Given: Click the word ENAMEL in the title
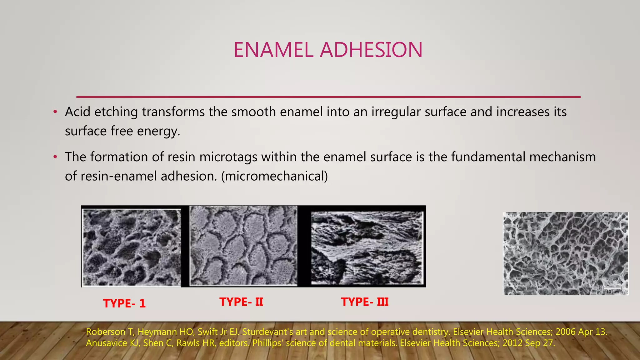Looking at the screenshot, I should pos(273,50).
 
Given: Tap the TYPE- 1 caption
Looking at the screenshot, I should pos(124,303).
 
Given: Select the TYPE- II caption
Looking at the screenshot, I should pos(241,302).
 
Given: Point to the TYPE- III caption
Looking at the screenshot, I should pos(365,302).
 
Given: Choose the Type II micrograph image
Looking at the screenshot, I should pos(243,246).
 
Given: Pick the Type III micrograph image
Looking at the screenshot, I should pos(367,248).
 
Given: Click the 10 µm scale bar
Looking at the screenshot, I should pos(612,289).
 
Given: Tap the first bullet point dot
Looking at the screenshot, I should pos(55,112).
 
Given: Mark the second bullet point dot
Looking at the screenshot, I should pos(55,157).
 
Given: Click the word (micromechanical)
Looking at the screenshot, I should pos(274,176).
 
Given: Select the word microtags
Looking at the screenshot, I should pos(228,157).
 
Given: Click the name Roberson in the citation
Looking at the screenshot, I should pos(106,332).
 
